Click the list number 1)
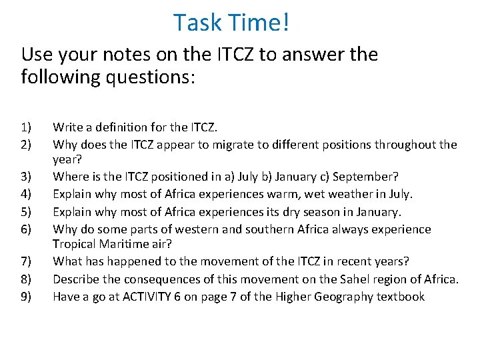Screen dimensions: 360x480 tap(26, 127)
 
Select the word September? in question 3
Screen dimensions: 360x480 tap(365, 177)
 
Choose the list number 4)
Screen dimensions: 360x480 tap(26, 195)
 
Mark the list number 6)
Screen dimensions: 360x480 tap(26, 229)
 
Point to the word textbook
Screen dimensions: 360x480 tap(400, 297)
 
